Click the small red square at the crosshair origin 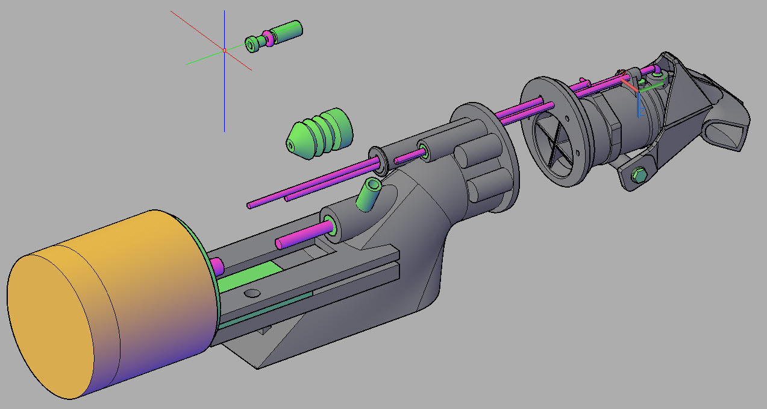point(224,51)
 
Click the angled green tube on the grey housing point(369,194)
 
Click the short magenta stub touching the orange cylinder point(217,265)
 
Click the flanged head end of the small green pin point(252,43)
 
